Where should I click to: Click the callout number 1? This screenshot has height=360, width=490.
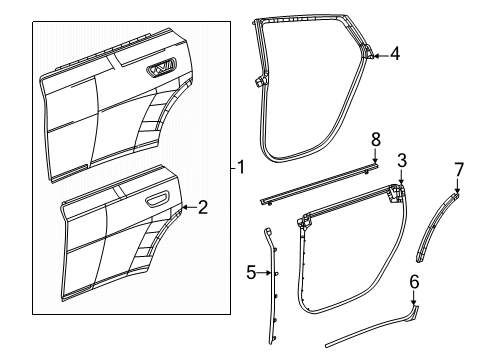pyautogui.click(x=241, y=167)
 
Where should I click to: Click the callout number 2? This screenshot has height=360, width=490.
pyautogui.click(x=202, y=207)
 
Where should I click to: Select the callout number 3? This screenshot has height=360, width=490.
pyautogui.click(x=401, y=160)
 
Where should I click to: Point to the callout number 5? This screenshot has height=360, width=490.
pyautogui.click(x=251, y=270)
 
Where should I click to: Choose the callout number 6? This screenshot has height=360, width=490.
pyautogui.click(x=413, y=282)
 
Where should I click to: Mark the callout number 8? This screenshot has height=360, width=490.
pyautogui.click(x=376, y=137)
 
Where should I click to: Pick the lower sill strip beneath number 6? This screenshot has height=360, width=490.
pyautogui.click(x=360, y=327)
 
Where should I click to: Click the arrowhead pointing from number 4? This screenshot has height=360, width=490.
pyautogui.click(x=374, y=55)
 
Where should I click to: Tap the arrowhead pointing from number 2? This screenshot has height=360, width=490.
pyautogui.click(x=184, y=208)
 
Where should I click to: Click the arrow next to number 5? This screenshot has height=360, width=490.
pyautogui.click(x=265, y=270)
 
